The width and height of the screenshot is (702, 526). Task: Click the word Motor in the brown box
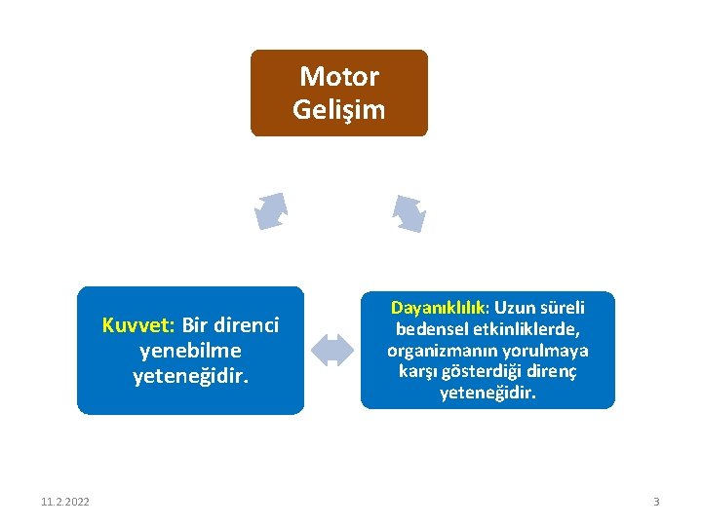[x=339, y=77]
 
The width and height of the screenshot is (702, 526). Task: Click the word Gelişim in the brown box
[x=339, y=109]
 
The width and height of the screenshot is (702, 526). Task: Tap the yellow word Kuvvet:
[x=138, y=324]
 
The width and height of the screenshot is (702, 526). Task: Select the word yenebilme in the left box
[x=191, y=350]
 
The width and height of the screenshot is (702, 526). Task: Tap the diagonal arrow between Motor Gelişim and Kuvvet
[x=271, y=210]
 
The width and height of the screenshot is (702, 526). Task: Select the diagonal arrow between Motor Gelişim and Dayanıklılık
[x=409, y=213]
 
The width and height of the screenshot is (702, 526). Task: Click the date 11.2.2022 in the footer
[x=65, y=502]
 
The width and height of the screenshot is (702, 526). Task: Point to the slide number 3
[x=656, y=502]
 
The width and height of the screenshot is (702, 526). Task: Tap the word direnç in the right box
[x=553, y=372]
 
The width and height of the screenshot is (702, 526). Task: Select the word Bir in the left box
[x=196, y=324]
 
